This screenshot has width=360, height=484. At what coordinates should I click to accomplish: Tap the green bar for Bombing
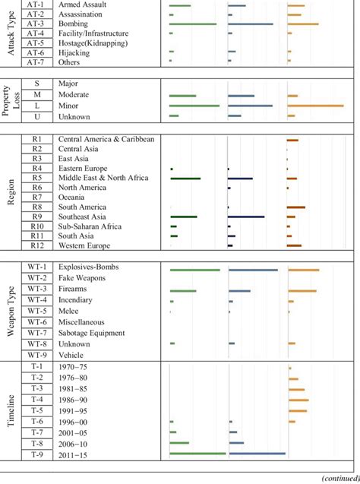tap(193, 24)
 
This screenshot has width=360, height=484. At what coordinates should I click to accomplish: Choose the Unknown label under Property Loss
tap(74, 116)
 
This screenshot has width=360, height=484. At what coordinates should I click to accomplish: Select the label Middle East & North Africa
tap(103, 178)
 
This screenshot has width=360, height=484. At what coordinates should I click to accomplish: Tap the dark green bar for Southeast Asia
tap(184, 217)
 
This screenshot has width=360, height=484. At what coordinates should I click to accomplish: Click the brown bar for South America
tap(295, 207)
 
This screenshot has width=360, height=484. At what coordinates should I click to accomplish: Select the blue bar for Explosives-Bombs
tap(252, 270)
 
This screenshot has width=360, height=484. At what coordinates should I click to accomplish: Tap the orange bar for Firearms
tap(302, 290)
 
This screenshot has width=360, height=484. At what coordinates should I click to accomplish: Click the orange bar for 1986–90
tap(298, 400)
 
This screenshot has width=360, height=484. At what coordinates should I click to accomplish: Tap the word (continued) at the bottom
tap(339, 478)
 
